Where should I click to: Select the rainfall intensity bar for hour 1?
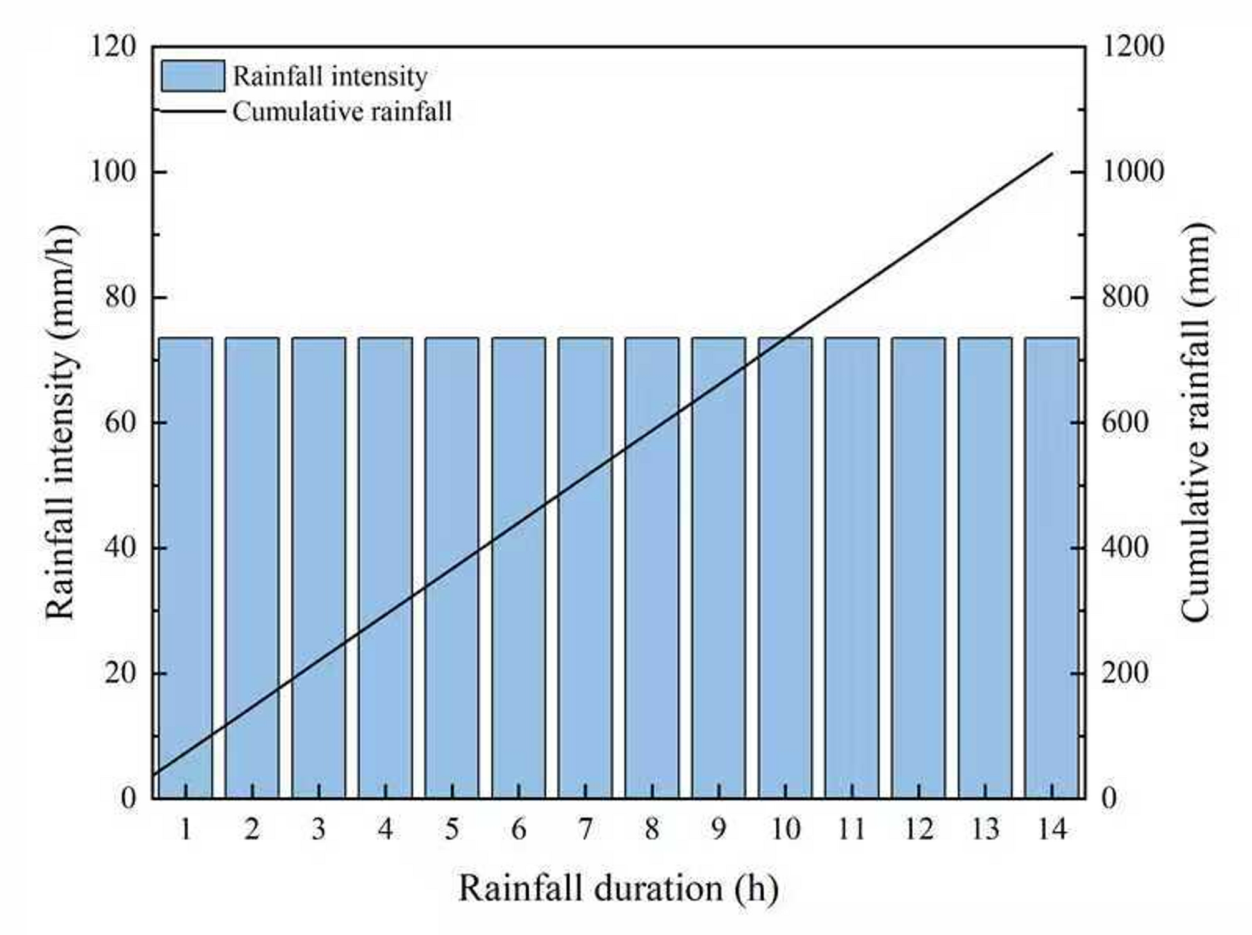point(185,568)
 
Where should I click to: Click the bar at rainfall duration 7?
point(585,568)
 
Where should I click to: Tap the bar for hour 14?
point(1051,568)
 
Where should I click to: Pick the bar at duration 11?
point(852,568)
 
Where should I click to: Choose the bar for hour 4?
point(385,568)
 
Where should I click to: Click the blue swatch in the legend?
point(193,76)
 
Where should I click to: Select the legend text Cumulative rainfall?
point(342,112)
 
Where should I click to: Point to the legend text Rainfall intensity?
point(330,77)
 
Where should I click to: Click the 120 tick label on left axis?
point(113,46)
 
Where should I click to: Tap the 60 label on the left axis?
point(120,422)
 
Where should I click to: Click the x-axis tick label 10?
point(785,830)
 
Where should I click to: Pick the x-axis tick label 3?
point(319,830)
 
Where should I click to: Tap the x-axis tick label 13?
point(985,830)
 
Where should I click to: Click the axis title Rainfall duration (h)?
point(619,888)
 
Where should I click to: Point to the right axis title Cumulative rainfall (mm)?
point(1196,422)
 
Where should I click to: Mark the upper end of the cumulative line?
point(1052,153)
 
